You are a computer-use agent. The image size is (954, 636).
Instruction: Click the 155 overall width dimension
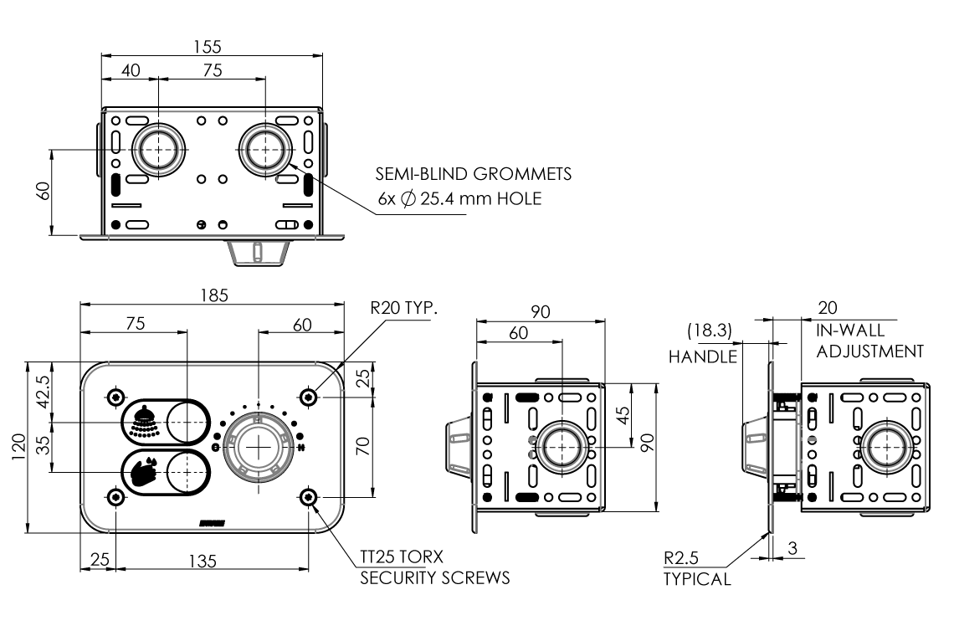tap(212, 47)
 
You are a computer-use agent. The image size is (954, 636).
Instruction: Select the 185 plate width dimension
tap(212, 295)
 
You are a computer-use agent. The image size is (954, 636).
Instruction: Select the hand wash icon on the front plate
tap(144, 471)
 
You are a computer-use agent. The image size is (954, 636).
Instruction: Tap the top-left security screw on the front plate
tap(116, 396)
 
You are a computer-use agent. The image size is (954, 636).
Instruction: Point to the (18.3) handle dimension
tap(710, 331)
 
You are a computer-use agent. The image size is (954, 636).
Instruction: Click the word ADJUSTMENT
tap(870, 351)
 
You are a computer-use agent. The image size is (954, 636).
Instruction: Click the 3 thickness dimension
tap(792, 549)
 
